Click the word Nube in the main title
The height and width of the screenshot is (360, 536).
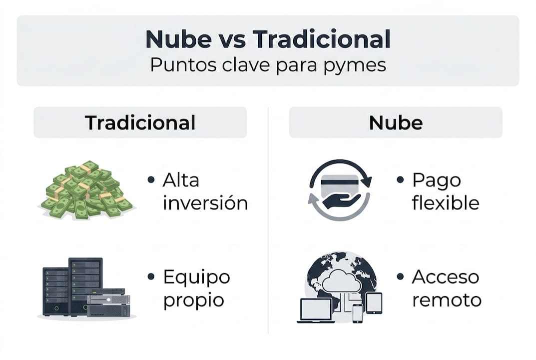point(178,39)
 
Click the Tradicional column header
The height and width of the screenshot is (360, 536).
point(140,122)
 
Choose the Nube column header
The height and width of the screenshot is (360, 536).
point(396,122)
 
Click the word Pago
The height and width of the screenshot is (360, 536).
point(437,180)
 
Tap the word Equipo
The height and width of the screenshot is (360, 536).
point(196,277)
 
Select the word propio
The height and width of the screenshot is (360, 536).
point(193,301)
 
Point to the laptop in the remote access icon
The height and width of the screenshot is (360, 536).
point(316,310)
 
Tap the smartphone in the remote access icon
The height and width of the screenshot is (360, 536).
point(358,313)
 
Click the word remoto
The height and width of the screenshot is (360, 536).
point(447,300)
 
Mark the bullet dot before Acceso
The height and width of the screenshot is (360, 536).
point(400,276)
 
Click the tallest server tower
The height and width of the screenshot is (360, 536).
point(85,286)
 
